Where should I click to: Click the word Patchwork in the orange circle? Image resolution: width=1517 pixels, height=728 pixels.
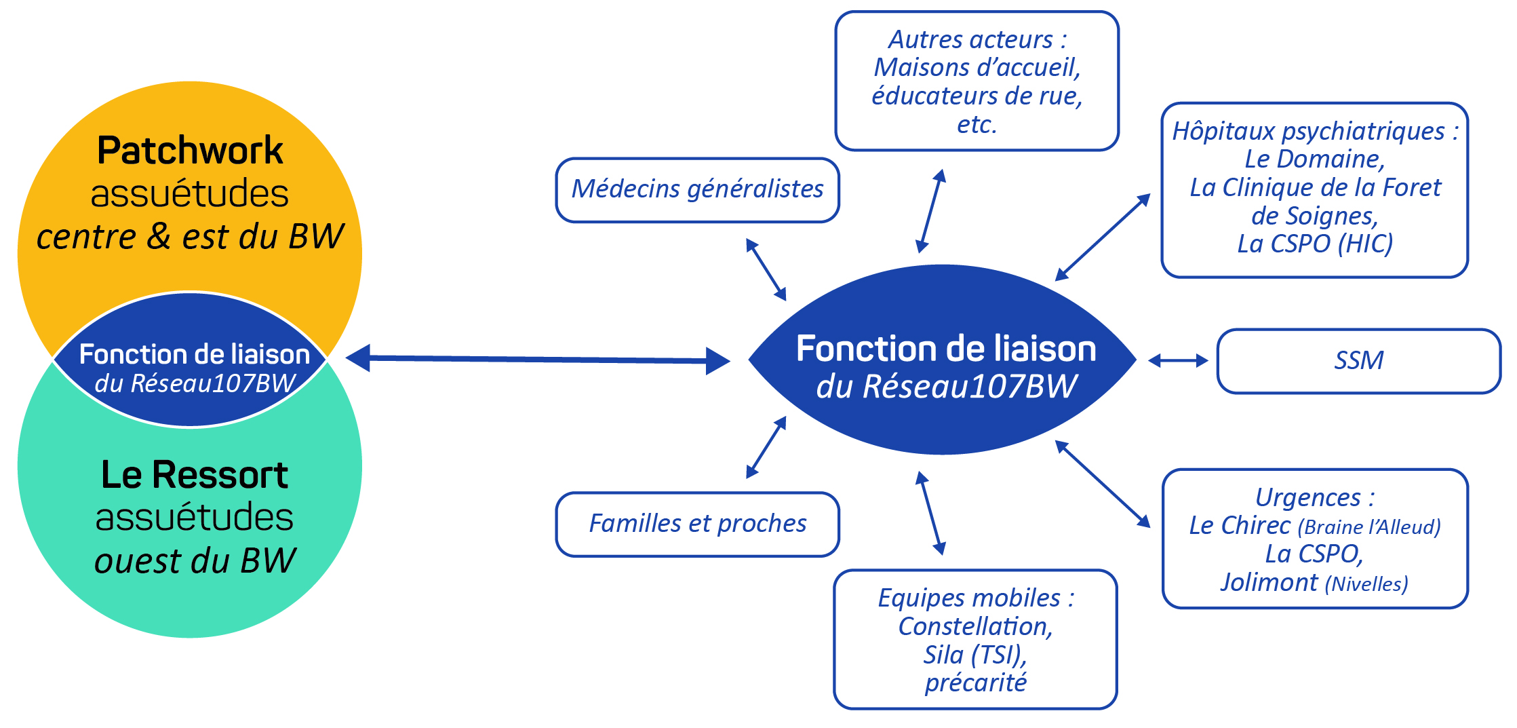pyautogui.click(x=190, y=151)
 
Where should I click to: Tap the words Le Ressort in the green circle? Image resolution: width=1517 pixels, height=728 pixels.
pyautogui.click(x=195, y=475)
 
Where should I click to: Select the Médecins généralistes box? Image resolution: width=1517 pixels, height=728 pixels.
pyautogui.click(x=697, y=189)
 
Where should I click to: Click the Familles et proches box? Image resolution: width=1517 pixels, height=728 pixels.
pyautogui.click(x=697, y=524)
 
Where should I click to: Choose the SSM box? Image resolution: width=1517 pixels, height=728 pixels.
pyautogui.click(x=1358, y=360)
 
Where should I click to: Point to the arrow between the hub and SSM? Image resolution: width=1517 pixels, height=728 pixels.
pyautogui.click(x=1178, y=360)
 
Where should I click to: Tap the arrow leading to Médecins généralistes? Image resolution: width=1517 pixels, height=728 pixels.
pyautogui.click(x=766, y=269)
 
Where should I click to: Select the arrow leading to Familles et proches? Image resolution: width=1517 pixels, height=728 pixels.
pyautogui.click(x=766, y=447)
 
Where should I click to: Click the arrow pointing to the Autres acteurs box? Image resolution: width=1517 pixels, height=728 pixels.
pyautogui.click(x=930, y=211)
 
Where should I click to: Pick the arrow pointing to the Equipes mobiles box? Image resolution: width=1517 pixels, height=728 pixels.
pyautogui.click(x=930, y=513)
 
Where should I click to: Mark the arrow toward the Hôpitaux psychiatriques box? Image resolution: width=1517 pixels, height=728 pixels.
pyautogui.click(x=1103, y=237)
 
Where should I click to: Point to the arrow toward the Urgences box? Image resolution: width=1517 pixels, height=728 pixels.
pyautogui.click(x=1103, y=484)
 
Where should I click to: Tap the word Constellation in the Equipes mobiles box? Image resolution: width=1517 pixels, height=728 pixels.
pyautogui.click(x=975, y=626)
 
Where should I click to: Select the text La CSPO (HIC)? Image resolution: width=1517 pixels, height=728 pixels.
pyautogui.click(x=1315, y=244)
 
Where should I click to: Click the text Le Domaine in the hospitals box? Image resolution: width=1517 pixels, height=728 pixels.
pyautogui.click(x=1314, y=159)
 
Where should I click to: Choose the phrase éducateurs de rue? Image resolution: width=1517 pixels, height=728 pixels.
pyautogui.click(x=977, y=96)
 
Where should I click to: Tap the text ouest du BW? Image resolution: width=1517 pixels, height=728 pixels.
pyautogui.click(x=195, y=561)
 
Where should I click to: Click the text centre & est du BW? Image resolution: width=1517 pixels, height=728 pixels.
pyautogui.click(x=190, y=237)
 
